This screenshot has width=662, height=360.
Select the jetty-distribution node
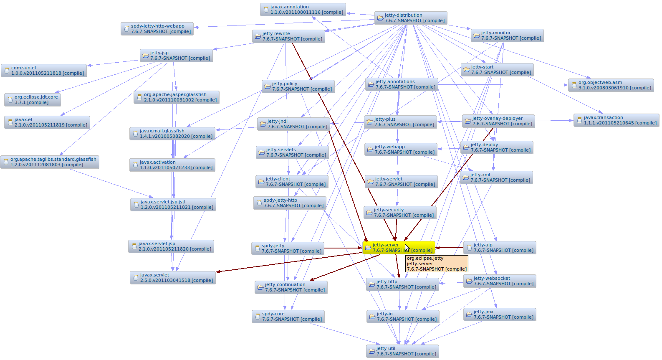(x=411, y=18)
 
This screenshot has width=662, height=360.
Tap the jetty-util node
(x=402, y=351)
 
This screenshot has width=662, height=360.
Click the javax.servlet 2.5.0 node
(x=172, y=278)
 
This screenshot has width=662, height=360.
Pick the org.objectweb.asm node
(x=611, y=85)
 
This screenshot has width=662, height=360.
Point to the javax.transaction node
(x=616, y=120)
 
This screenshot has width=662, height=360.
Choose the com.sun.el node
(x=44, y=71)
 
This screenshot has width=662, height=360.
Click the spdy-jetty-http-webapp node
(x=157, y=29)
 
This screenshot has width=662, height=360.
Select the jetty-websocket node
(x=500, y=281)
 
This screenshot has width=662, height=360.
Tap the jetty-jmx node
(x=500, y=314)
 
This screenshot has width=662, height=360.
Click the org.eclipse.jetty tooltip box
(x=437, y=264)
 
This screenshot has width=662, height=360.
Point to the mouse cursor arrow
(x=407, y=248)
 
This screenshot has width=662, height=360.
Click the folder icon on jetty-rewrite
(x=257, y=37)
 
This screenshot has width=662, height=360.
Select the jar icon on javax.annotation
(x=266, y=10)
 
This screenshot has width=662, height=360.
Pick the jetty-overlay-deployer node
(x=498, y=121)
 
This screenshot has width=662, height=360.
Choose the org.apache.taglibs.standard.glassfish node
(x=50, y=162)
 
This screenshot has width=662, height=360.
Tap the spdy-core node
(x=288, y=317)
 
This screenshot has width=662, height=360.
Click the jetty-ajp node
(x=500, y=248)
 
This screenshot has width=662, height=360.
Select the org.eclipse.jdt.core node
(x=33, y=100)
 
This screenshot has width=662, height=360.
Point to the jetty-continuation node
(x=291, y=287)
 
